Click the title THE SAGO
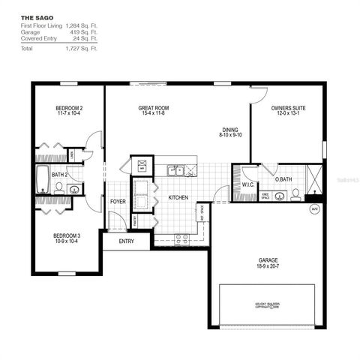point(35,16)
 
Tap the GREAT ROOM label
point(152,109)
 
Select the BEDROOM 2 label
point(69,109)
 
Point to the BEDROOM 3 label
point(68,236)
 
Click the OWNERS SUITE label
point(288,109)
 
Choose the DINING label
point(229,129)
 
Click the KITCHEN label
point(178,198)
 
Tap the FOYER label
point(118,202)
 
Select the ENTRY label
point(125,241)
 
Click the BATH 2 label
point(60,175)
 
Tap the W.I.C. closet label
point(248,184)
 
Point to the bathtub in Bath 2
point(43,181)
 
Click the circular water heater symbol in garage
point(314,208)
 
